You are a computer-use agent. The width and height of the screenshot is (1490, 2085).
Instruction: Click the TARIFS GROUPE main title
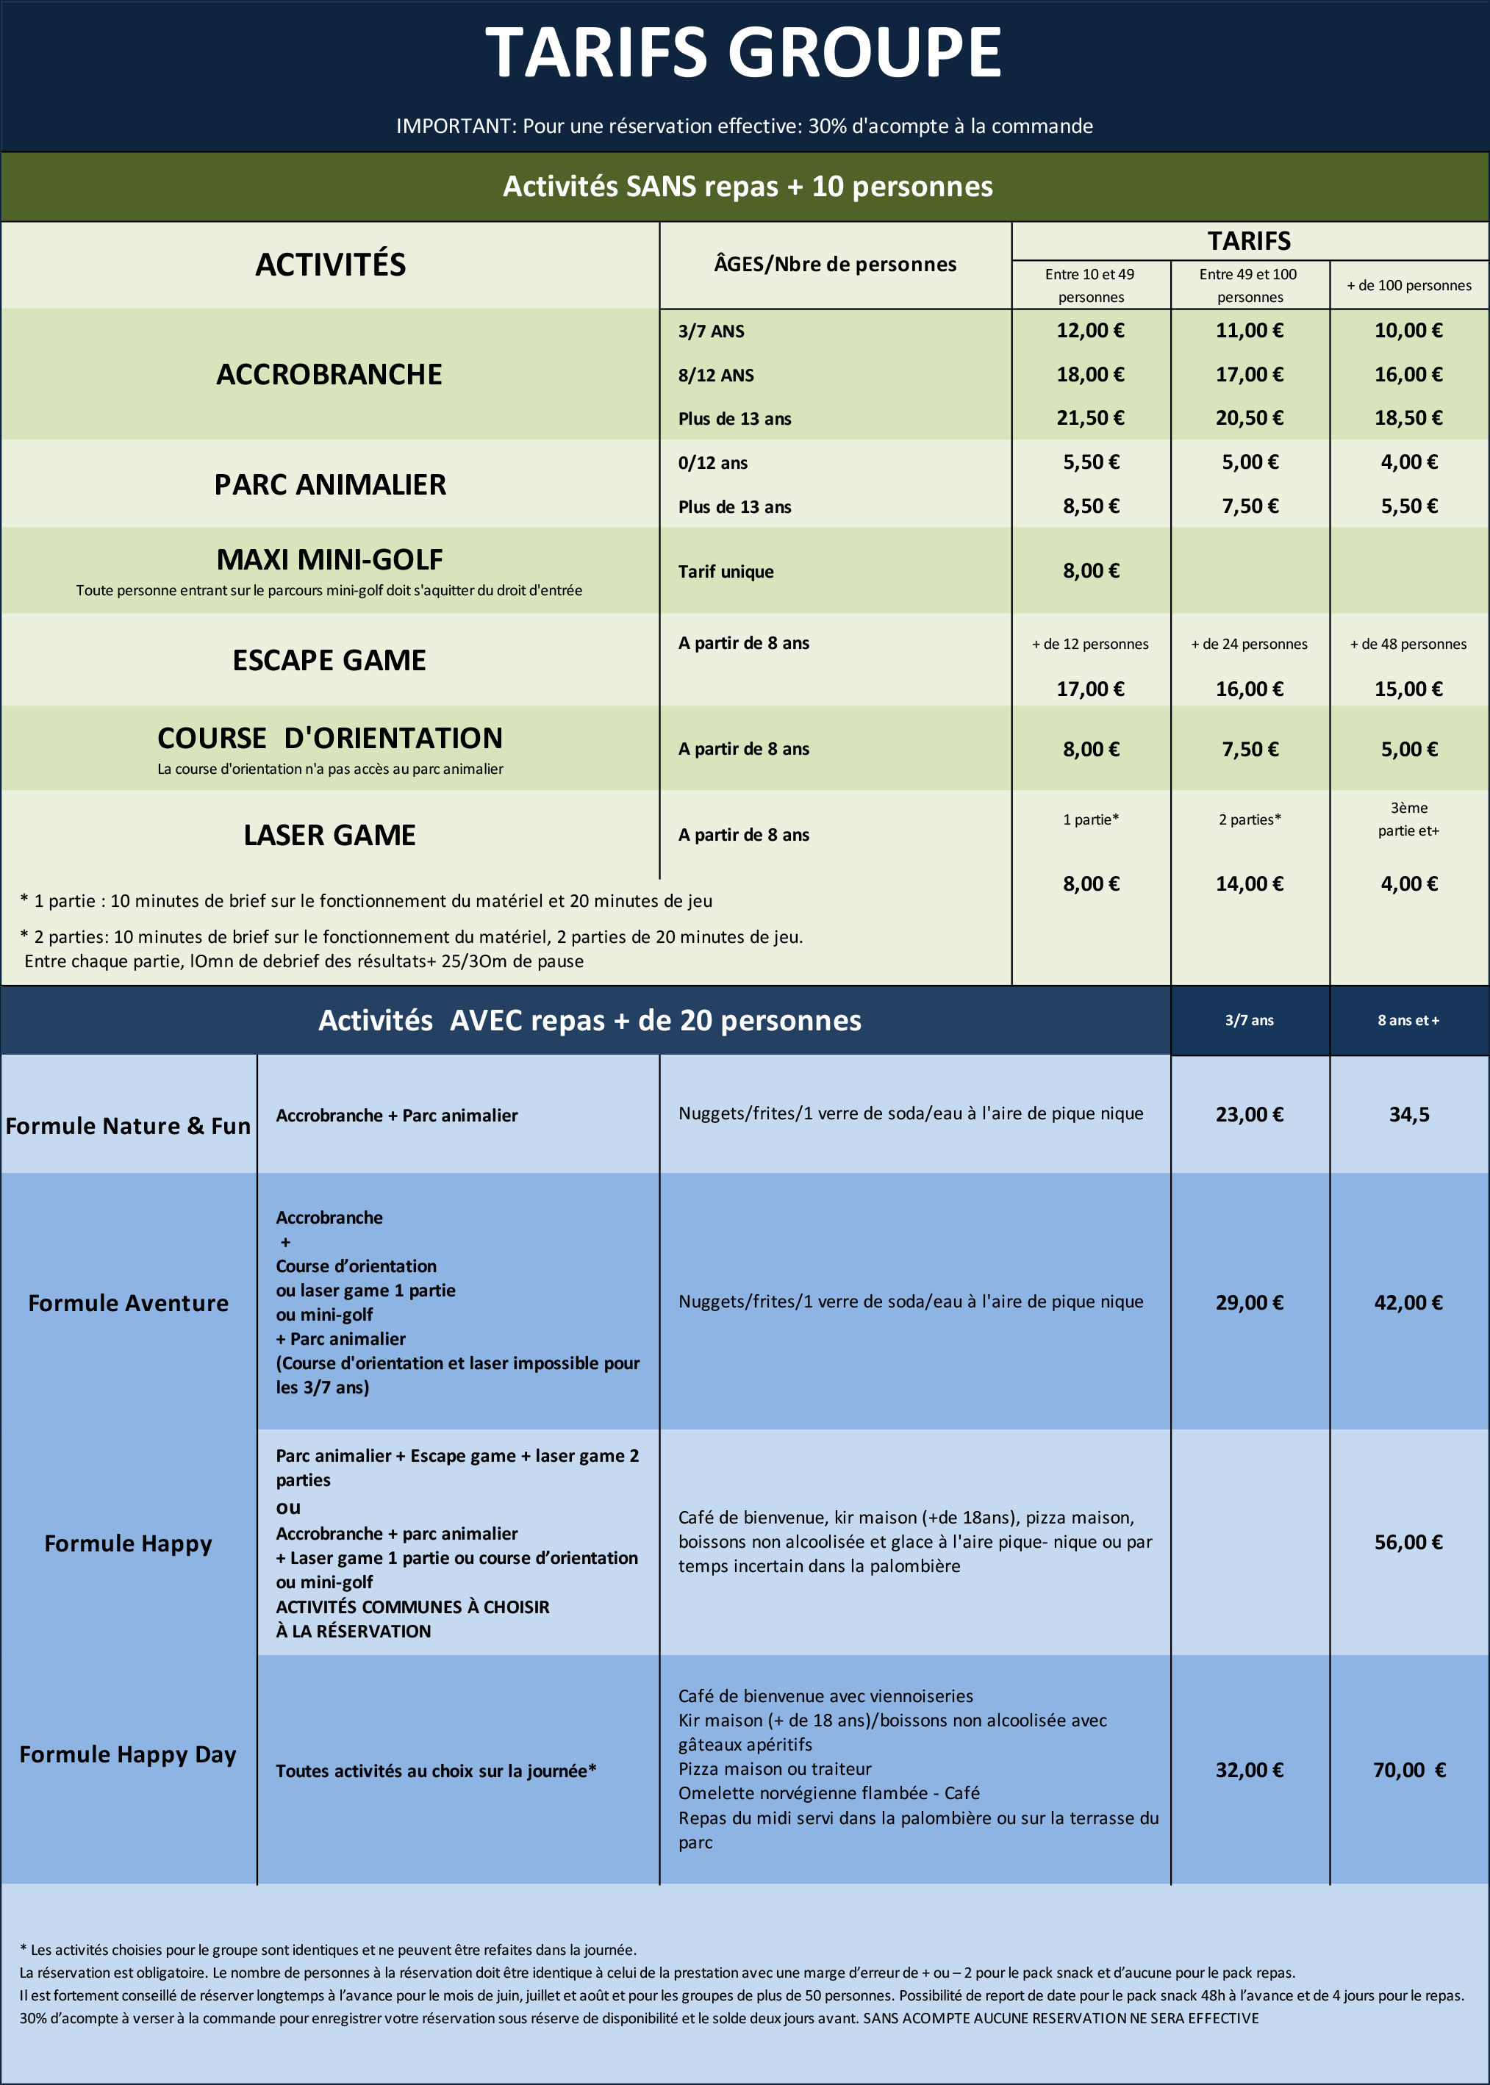tap(743, 53)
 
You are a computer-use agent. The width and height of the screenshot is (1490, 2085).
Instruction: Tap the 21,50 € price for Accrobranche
tap(1090, 418)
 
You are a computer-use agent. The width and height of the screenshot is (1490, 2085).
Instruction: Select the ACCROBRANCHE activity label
tap(329, 374)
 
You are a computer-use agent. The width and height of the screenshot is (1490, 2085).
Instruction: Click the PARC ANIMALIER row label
tap(330, 484)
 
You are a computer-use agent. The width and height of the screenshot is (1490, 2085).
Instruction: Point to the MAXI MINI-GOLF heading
tap(329, 559)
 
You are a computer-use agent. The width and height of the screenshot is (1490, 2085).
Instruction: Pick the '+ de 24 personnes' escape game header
tap(1249, 644)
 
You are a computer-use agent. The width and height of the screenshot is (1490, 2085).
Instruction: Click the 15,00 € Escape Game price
tap(1408, 689)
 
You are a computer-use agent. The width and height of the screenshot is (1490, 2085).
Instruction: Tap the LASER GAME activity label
tap(329, 835)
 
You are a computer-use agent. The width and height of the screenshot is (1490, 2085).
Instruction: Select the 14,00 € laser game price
tap(1249, 883)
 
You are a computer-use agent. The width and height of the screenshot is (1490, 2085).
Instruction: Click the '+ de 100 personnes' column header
tap(1408, 285)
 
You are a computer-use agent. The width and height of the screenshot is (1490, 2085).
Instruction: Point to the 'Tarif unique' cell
tap(726, 572)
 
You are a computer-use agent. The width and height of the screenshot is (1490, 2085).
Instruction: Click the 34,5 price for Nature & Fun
tap(1408, 1114)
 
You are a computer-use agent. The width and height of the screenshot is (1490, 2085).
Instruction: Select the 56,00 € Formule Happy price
tap(1408, 1542)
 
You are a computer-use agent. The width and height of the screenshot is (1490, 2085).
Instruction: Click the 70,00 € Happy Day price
tap(1408, 1770)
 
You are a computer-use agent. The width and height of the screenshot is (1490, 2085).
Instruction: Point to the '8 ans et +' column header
tap(1408, 1020)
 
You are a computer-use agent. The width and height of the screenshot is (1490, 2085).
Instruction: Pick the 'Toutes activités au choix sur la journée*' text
tap(436, 1770)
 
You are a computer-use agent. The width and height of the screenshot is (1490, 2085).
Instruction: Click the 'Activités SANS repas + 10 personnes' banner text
tap(748, 186)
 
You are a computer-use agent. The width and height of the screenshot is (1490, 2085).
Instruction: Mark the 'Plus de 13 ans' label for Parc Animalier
tap(734, 507)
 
